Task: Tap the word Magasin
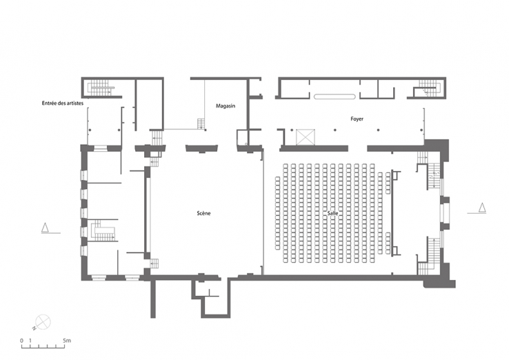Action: (226, 106)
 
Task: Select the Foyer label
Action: (357, 119)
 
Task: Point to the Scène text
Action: (203, 213)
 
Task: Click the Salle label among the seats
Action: (333, 214)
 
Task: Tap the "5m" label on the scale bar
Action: (67, 341)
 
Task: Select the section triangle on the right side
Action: (482, 207)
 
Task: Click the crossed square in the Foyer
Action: (304, 136)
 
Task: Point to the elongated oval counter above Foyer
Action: (335, 97)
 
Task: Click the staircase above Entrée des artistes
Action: (101, 88)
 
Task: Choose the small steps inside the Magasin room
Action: (201, 123)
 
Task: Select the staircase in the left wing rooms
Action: (103, 231)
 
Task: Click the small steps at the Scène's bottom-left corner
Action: (155, 263)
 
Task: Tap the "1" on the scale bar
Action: (32, 341)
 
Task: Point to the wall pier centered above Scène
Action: (203, 148)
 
